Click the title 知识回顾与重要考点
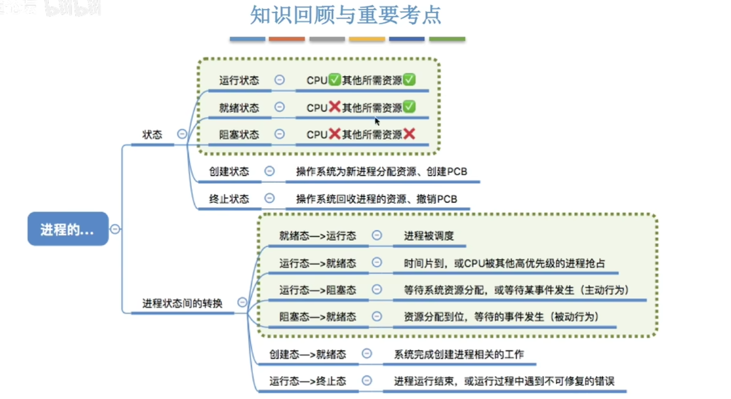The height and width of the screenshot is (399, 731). coord(346,15)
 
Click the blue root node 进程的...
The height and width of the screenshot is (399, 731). coord(68,229)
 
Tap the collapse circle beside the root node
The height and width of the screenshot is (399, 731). coord(115,229)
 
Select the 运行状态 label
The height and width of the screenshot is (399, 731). coord(239,80)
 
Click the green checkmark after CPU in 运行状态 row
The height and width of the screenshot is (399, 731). coord(334,79)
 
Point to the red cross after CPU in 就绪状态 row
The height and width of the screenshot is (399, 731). coord(334,107)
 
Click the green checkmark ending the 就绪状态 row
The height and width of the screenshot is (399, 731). coord(409,107)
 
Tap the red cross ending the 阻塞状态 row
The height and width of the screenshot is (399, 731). coord(409,133)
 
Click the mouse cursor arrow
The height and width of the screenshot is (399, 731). coord(377,121)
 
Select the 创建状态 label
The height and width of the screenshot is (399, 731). coord(229,171)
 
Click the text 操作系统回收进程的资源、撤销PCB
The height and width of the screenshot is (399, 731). coord(377,199)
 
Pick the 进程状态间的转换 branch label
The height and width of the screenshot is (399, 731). coord(182,303)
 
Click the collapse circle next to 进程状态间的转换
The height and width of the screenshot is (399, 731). coord(242,302)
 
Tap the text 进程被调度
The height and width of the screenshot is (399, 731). coord(429,236)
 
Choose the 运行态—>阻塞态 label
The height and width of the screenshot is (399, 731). coord(318,290)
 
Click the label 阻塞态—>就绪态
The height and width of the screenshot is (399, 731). coord(318,317)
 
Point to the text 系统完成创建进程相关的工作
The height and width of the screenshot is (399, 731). coord(459,354)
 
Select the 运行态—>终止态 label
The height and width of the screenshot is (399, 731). coord(308,381)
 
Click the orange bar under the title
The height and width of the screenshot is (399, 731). coord(287,39)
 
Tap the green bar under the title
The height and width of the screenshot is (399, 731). coord(447,39)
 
